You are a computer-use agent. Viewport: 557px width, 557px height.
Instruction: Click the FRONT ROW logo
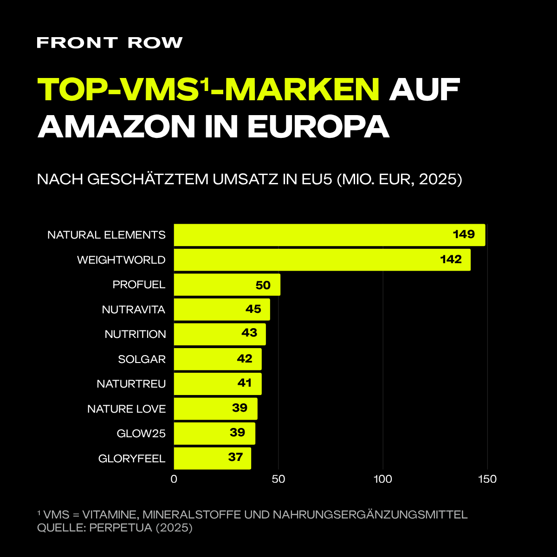(x=110, y=43)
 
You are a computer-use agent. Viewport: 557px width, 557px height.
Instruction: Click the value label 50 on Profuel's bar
(x=263, y=285)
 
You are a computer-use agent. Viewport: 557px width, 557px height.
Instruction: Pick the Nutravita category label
(x=134, y=310)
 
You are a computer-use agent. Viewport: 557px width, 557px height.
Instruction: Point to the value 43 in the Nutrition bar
(x=249, y=333)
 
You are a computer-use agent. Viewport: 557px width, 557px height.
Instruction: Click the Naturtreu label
(x=131, y=384)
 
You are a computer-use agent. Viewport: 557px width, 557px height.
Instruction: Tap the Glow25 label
(x=141, y=434)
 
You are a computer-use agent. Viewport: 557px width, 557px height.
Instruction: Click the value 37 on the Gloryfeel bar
(x=236, y=457)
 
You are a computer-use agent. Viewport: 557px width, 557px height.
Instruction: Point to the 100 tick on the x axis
(x=383, y=479)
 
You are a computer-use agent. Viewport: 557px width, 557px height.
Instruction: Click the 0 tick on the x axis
(x=174, y=479)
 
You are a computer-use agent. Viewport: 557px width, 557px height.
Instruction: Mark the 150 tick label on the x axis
(x=487, y=479)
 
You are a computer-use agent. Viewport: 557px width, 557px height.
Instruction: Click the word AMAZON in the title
(x=117, y=124)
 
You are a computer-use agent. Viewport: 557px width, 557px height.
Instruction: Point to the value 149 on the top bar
(x=464, y=234)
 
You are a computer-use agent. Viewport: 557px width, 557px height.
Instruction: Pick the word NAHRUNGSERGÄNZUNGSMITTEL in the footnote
(x=370, y=515)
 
